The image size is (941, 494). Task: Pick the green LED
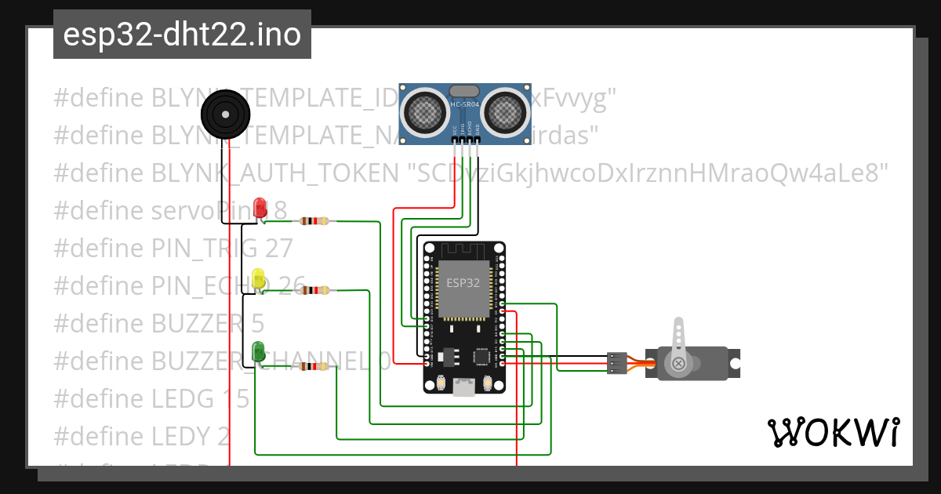point(258,352)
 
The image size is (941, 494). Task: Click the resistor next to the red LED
point(314,221)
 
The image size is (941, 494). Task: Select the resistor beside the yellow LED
point(314,291)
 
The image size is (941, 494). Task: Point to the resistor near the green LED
point(314,366)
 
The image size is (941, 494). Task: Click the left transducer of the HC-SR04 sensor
point(424,111)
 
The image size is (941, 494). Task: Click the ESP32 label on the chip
point(463,283)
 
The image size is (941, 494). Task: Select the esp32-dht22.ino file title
point(182,35)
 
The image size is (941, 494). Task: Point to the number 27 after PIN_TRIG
point(278,248)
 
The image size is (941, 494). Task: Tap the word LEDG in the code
point(181,398)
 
